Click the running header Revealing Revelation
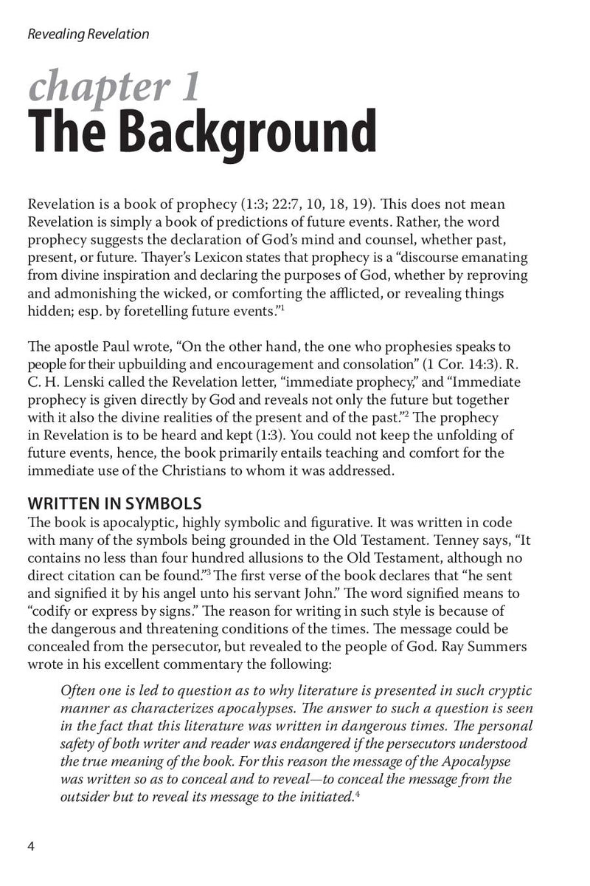point(88,34)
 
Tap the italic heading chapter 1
point(114,87)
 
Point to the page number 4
point(31,845)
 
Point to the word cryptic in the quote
point(510,690)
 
